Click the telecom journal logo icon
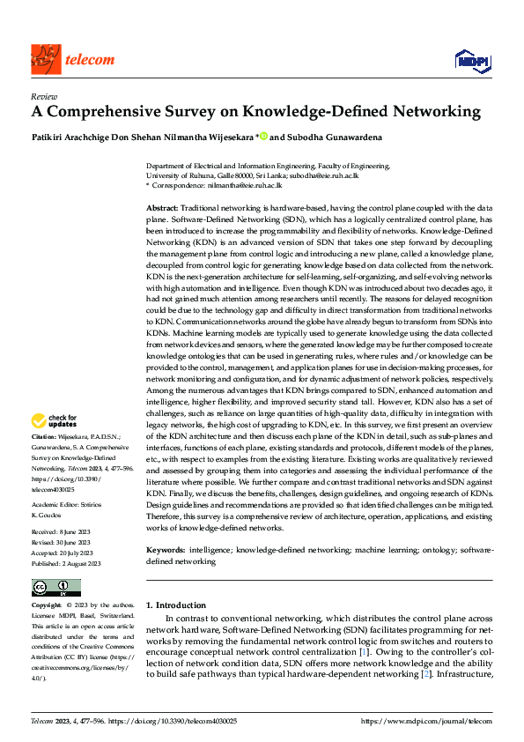click(x=44, y=59)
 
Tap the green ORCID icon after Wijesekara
click(x=263, y=137)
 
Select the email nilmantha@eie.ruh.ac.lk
click(x=245, y=186)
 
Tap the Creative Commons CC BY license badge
click(x=55, y=588)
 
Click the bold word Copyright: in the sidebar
click(x=47, y=606)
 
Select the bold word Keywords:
click(x=165, y=549)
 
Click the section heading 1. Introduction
click(x=176, y=605)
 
